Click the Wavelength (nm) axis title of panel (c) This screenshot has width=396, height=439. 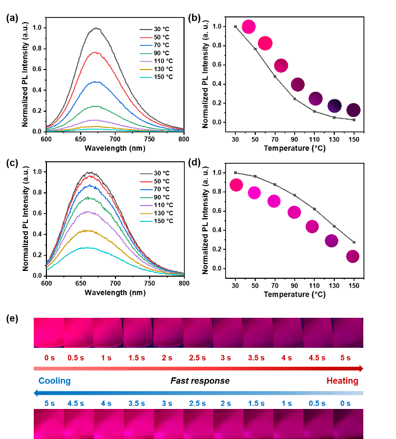coord(114,291)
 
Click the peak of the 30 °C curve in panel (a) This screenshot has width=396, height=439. coord(96,29)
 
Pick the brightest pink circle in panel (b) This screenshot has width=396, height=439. coord(248,27)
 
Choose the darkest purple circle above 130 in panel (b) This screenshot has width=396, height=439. coord(335,105)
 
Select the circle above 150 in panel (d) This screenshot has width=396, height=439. coord(353,257)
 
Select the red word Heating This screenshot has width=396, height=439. coord(343,381)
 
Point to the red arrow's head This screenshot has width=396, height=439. coord(360,368)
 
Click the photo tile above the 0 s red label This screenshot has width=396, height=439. coord(49,333)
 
